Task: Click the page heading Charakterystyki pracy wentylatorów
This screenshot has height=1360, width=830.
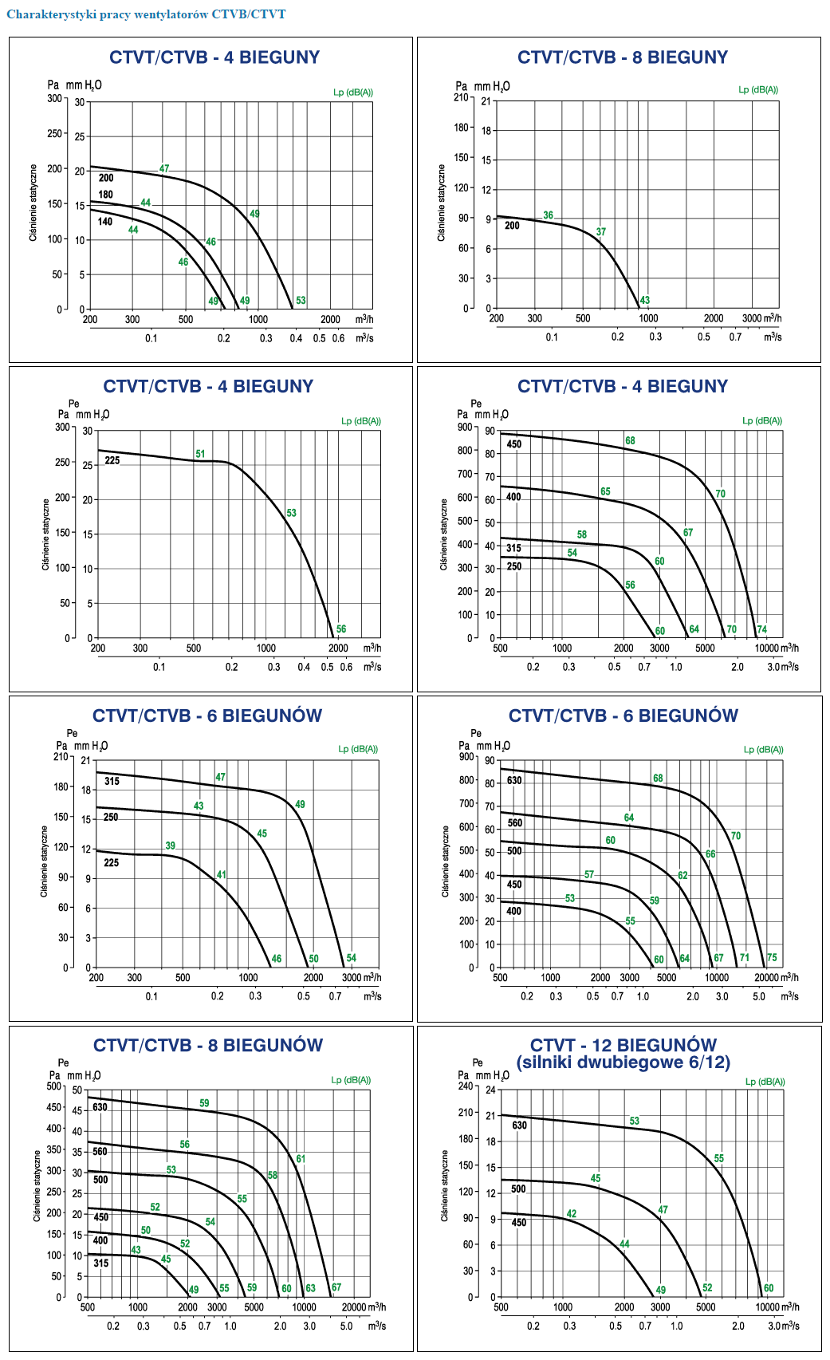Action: (x=146, y=14)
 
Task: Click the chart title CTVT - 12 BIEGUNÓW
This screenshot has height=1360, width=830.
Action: (x=623, y=1045)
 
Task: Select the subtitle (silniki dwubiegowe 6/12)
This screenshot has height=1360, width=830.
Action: (x=623, y=1062)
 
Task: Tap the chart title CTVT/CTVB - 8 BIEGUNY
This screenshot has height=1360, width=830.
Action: (x=623, y=57)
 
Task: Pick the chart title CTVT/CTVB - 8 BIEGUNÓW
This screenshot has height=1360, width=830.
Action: (x=208, y=1046)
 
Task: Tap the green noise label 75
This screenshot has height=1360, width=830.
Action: (x=772, y=958)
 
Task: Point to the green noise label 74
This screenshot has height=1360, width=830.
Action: (x=762, y=629)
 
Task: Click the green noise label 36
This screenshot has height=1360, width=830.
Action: (x=549, y=215)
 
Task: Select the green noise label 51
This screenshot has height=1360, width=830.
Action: (x=200, y=454)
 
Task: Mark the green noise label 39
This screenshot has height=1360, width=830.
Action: (x=171, y=846)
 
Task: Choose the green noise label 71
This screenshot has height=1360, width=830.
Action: (x=745, y=958)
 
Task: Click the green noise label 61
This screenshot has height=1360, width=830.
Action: (x=301, y=1159)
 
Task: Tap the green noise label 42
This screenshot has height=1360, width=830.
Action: (x=572, y=1214)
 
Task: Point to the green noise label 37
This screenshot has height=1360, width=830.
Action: (x=601, y=232)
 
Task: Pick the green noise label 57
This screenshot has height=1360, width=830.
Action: (x=589, y=875)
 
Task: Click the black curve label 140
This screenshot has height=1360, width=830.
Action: (x=105, y=222)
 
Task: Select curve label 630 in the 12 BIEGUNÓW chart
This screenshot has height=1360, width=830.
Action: (x=519, y=1125)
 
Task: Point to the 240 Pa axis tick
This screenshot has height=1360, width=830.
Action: (x=465, y=1086)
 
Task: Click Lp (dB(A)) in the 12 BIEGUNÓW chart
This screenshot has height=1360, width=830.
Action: (x=765, y=1082)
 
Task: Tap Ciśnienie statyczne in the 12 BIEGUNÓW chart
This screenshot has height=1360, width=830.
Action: (x=445, y=1185)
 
